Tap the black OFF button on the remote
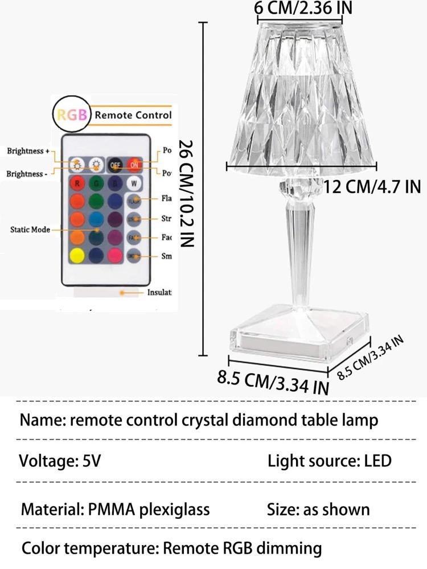pyautogui.click(x=116, y=165)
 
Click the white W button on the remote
pyautogui.click(x=134, y=183)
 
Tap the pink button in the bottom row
pyautogui.click(x=116, y=256)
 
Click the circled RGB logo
pyautogui.click(x=71, y=114)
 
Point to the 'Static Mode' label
pyautogui.click(x=30, y=230)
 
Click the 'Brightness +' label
pyautogui.click(x=28, y=151)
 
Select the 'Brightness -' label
pyautogui.click(x=28, y=173)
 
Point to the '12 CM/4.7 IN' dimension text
pyautogui.click(x=372, y=186)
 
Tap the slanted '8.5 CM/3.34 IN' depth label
pyautogui.click(x=371, y=358)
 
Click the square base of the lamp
pyautogui.click(x=290, y=335)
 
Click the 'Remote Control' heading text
pyautogui.click(x=133, y=114)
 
